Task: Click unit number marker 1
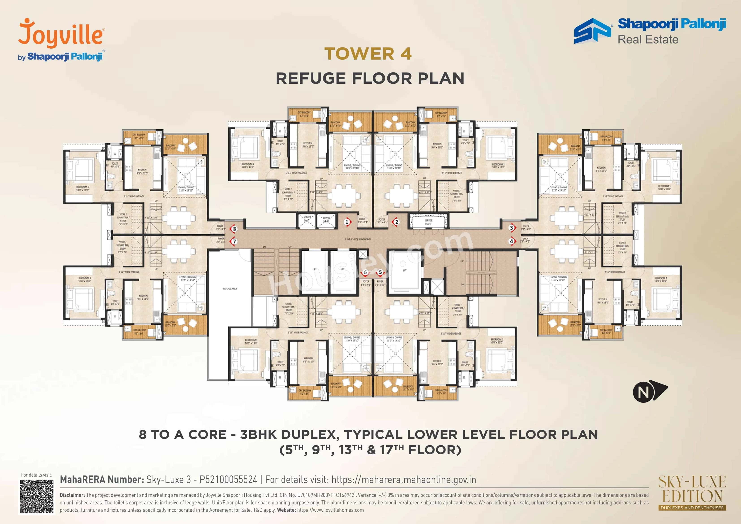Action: point(347,222)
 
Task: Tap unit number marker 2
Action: point(397,222)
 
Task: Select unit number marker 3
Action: point(511,228)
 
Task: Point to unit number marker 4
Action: point(511,241)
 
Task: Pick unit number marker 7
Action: point(234,241)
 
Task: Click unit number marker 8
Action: point(234,229)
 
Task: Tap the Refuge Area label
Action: point(230,289)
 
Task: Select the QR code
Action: point(37,496)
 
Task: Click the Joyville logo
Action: point(61,34)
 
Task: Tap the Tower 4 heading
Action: point(368,54)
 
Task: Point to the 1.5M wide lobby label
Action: point(358,239)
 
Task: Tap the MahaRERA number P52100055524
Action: point(228,479)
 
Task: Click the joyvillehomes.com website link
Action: point(330,510)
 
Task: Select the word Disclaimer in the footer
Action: point(72,495)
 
